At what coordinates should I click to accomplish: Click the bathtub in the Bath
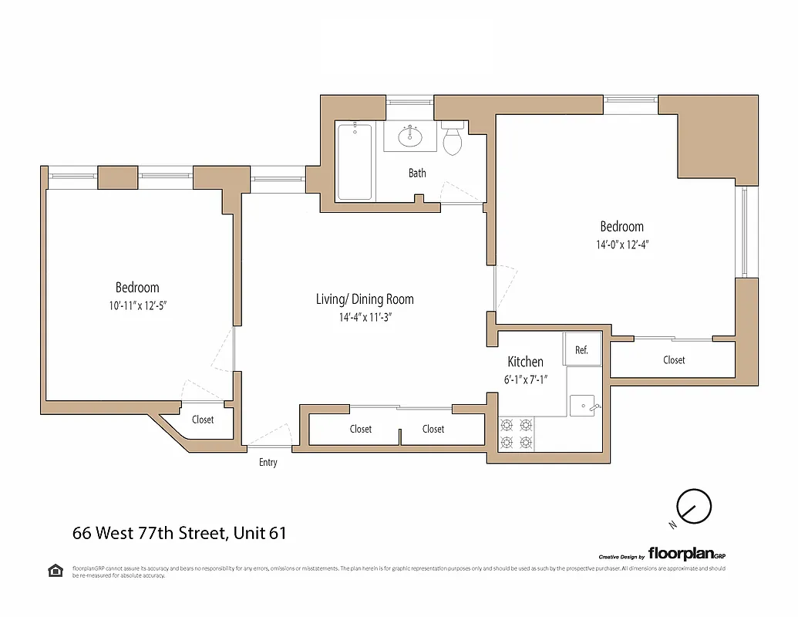point(354,163)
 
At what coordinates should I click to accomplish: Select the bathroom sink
point(410,137)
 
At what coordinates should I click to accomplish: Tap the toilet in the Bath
point(453,140)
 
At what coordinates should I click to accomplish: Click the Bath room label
point(417,173)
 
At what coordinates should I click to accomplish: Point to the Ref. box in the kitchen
point(581,349)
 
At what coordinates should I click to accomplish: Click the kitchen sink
point(582,404)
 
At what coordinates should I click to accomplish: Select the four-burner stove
point(517,433)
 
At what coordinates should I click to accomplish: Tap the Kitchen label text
point(525,362)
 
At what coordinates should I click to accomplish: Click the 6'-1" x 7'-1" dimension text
point(525,379)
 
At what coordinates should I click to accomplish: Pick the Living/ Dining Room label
point(365,299)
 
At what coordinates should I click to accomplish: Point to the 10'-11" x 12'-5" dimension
point(137,305)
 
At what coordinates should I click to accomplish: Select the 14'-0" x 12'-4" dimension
point(621,244)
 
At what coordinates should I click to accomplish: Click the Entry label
point(268,462)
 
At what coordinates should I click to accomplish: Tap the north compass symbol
point(692,507)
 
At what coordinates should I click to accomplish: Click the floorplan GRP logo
point(686,553)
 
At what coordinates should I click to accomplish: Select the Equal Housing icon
point(56,571)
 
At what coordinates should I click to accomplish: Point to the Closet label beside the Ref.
point(674,360)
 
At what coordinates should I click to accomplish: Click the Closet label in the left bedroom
point(203,420)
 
